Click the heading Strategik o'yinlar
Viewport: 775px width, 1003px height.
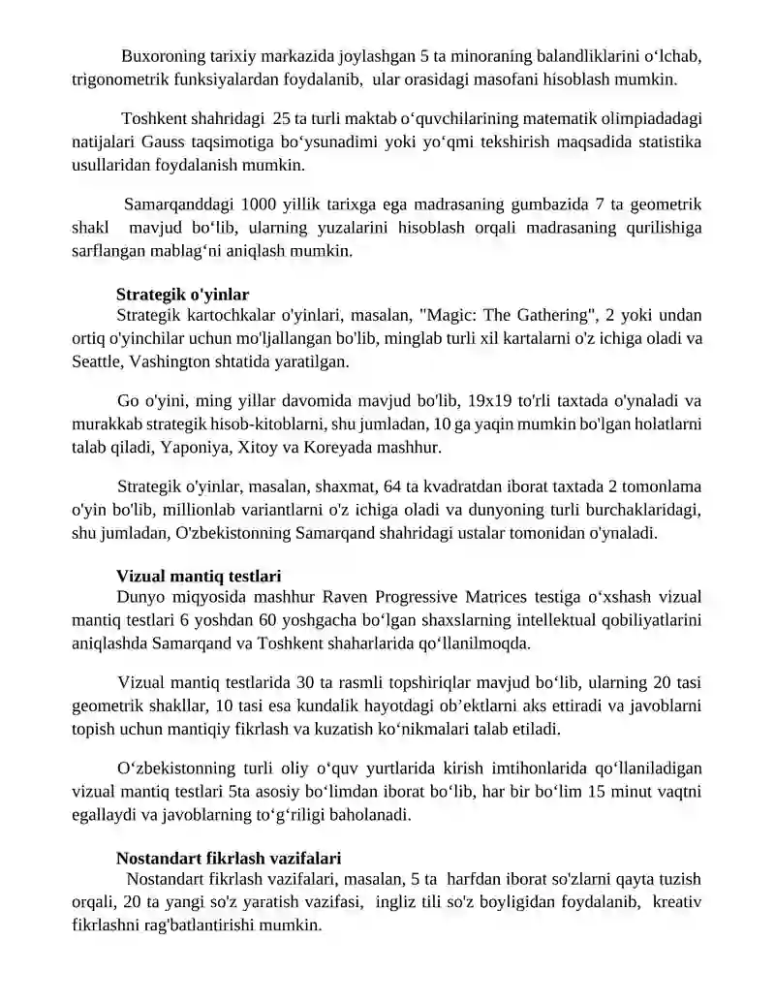tap(182, 294)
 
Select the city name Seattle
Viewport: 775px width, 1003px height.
tap(98, 360)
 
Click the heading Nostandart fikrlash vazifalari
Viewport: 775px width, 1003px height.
tap(228, 858)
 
